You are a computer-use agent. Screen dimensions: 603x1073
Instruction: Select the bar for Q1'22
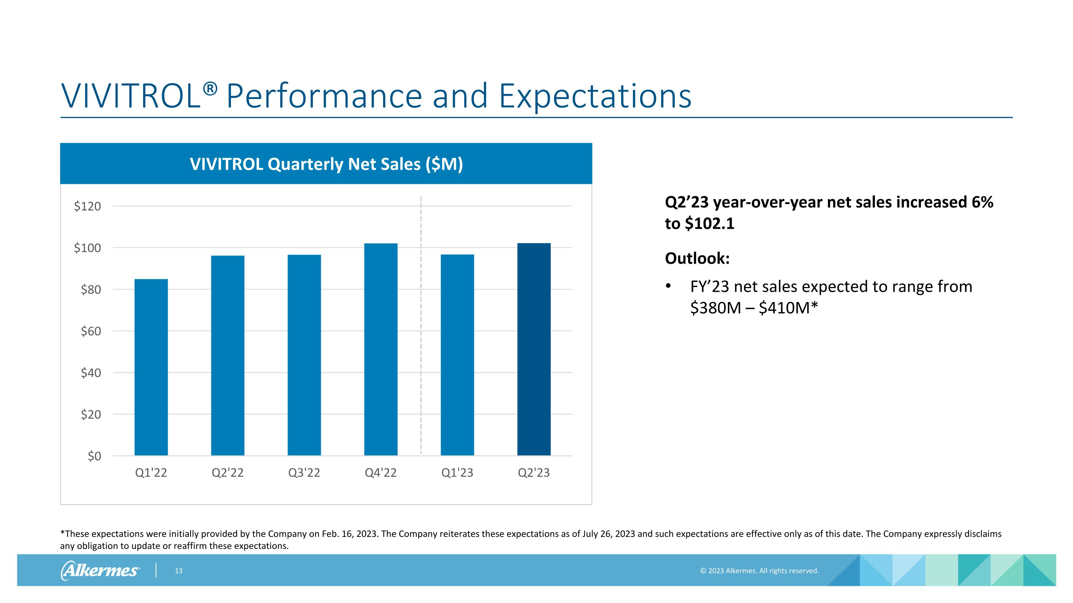point(151,367)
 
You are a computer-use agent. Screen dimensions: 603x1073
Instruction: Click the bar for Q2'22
point(227,355)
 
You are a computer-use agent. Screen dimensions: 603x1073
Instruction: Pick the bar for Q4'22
point(381,349)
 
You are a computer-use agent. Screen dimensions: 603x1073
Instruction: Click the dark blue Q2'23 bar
point(534,349)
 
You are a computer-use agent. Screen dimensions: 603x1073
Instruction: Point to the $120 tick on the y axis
point(88,206)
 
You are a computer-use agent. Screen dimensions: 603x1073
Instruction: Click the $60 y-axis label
point(91,331)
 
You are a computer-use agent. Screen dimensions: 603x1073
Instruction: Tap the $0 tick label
point(94,456)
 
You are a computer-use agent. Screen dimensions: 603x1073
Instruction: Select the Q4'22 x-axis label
point(381,473)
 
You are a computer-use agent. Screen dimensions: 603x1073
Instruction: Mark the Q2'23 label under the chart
point(534,473)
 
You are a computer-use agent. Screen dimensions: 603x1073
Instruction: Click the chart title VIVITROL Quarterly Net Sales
point(326,164)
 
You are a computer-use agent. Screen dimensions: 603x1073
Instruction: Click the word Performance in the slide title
point(324,96)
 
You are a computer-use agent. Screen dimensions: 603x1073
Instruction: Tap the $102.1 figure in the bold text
point(709,224)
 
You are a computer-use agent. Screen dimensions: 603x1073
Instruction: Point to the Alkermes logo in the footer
point(101,570)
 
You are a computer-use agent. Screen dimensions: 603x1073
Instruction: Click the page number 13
point(179,570)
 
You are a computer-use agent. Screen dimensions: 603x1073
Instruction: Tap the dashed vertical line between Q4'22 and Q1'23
point(421,325)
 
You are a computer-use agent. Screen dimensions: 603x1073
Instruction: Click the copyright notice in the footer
point(759,570)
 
